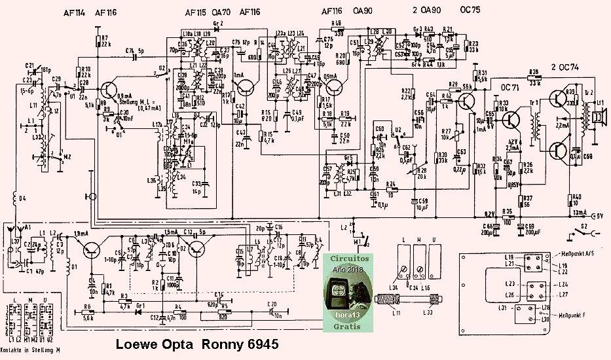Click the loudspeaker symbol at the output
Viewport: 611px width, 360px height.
click(598, 115)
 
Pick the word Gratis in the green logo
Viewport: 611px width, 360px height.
click(347, 324)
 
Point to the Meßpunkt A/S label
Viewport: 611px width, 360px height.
click(575, 254)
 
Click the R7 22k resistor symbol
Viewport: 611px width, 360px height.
click(97, 43)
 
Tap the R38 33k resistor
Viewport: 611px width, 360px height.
click(534, 75)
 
